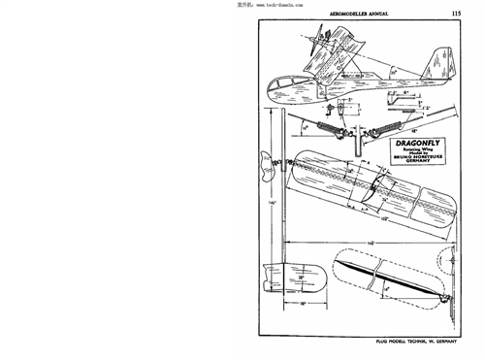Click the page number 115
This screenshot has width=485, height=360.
click(456, 13)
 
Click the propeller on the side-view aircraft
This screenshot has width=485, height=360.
click(318, 44)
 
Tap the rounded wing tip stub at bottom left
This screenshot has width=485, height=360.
click(293, 282)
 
